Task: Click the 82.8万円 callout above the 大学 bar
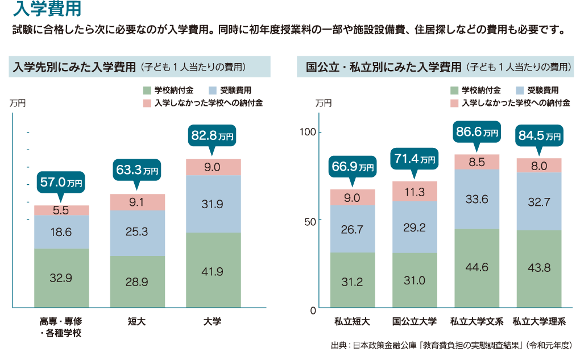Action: tap(213, 136)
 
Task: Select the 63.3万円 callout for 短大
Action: tap(137, 169)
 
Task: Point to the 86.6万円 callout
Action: tap(477, 132)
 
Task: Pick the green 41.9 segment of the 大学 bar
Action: tap(213, 271)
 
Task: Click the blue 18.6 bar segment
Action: tap(61, 232)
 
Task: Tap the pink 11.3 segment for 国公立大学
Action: tap(415, 192)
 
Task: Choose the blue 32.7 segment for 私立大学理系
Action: tap(538, 201)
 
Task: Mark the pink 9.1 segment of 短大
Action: tap(137, 202)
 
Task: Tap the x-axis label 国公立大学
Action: tap(415, 322)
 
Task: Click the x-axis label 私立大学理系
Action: tap(539, 322)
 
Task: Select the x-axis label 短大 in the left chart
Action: tap(137, 322)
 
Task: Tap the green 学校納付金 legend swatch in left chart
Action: tap(147, 90)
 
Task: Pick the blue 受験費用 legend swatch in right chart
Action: tap(520, 90)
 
